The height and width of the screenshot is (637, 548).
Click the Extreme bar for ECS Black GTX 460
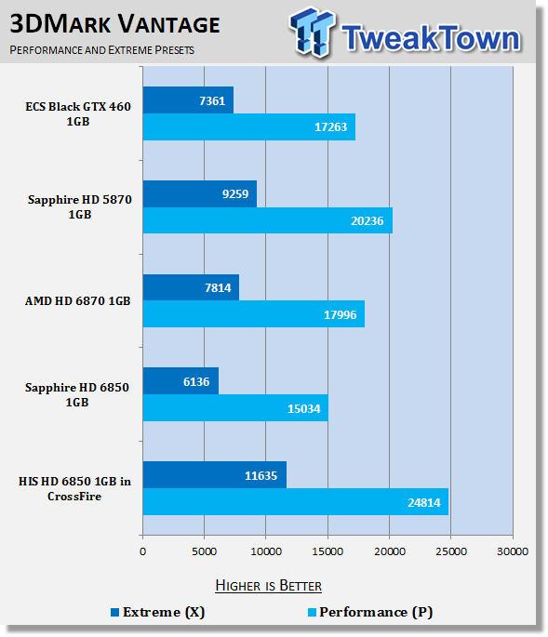(x=188, y=100)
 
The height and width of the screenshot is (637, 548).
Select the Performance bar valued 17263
(x=249, y=127)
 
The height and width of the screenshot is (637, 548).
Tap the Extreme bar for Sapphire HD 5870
(x=200, y=193)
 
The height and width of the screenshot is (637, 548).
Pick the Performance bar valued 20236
(x=268, y=220)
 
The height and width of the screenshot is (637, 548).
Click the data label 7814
(x=218, y=288)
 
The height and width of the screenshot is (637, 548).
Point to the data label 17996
(x=340, y=315)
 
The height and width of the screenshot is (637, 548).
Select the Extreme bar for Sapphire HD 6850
(x=180, y=381)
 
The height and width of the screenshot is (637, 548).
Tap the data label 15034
(x=303, y=408)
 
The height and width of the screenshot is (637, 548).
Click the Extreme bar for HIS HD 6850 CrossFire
(x=215, y=475)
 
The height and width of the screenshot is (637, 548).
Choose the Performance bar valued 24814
(x=296, y=502)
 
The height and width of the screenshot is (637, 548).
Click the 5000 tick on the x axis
(x=204, y=551)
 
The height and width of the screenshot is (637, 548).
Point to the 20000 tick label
(x=390, y=551)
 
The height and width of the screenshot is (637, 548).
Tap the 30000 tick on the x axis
(x=513, y=551)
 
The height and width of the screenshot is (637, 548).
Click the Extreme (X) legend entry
(x=158, y=612)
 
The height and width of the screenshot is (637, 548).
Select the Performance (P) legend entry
(x=370, y=612)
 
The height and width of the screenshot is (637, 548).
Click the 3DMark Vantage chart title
(x=114, y=24)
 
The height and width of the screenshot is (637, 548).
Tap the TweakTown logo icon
(x=313, y=32)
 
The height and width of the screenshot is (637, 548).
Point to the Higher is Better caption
(x=268, y=586)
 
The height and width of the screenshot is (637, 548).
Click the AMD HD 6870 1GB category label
(x=77, y=301)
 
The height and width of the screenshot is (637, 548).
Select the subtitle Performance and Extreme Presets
(x=102, y=50)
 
